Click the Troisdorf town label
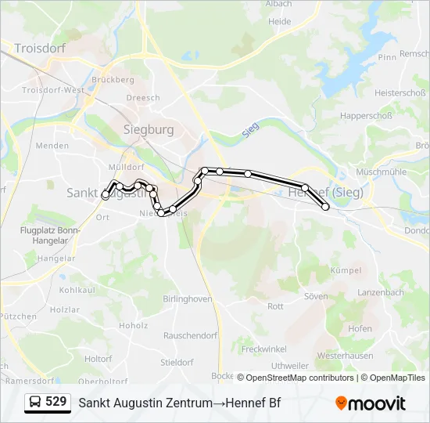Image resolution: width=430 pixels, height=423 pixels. pos(40,48)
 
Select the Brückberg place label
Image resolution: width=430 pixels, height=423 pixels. pos(113,80)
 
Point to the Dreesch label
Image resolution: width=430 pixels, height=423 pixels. pos(143,98)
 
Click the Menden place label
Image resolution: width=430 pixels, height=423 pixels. pos(52,146)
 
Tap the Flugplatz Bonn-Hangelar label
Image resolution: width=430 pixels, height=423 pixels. pos(50,236)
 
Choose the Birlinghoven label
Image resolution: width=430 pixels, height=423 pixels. pos(188,298)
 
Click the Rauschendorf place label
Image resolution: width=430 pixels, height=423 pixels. pos(191,335)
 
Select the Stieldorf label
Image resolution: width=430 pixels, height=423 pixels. pos(177,363)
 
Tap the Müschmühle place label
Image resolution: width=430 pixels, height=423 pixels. pos(381,171)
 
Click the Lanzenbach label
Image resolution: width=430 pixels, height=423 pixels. pos(380,292)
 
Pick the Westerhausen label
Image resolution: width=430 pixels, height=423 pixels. pos(345,356)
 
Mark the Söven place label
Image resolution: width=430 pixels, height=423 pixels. pos(315,296)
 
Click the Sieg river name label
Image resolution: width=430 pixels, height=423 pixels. pos(250,130)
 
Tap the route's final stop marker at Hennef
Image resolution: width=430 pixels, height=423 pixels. pos(325,207)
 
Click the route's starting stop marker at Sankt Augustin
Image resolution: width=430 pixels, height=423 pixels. pos(106,196)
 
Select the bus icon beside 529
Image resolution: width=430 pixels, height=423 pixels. pos(35,403)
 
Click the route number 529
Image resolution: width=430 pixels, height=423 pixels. pos(56,402)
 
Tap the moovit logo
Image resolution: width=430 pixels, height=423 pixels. pos(371,403)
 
